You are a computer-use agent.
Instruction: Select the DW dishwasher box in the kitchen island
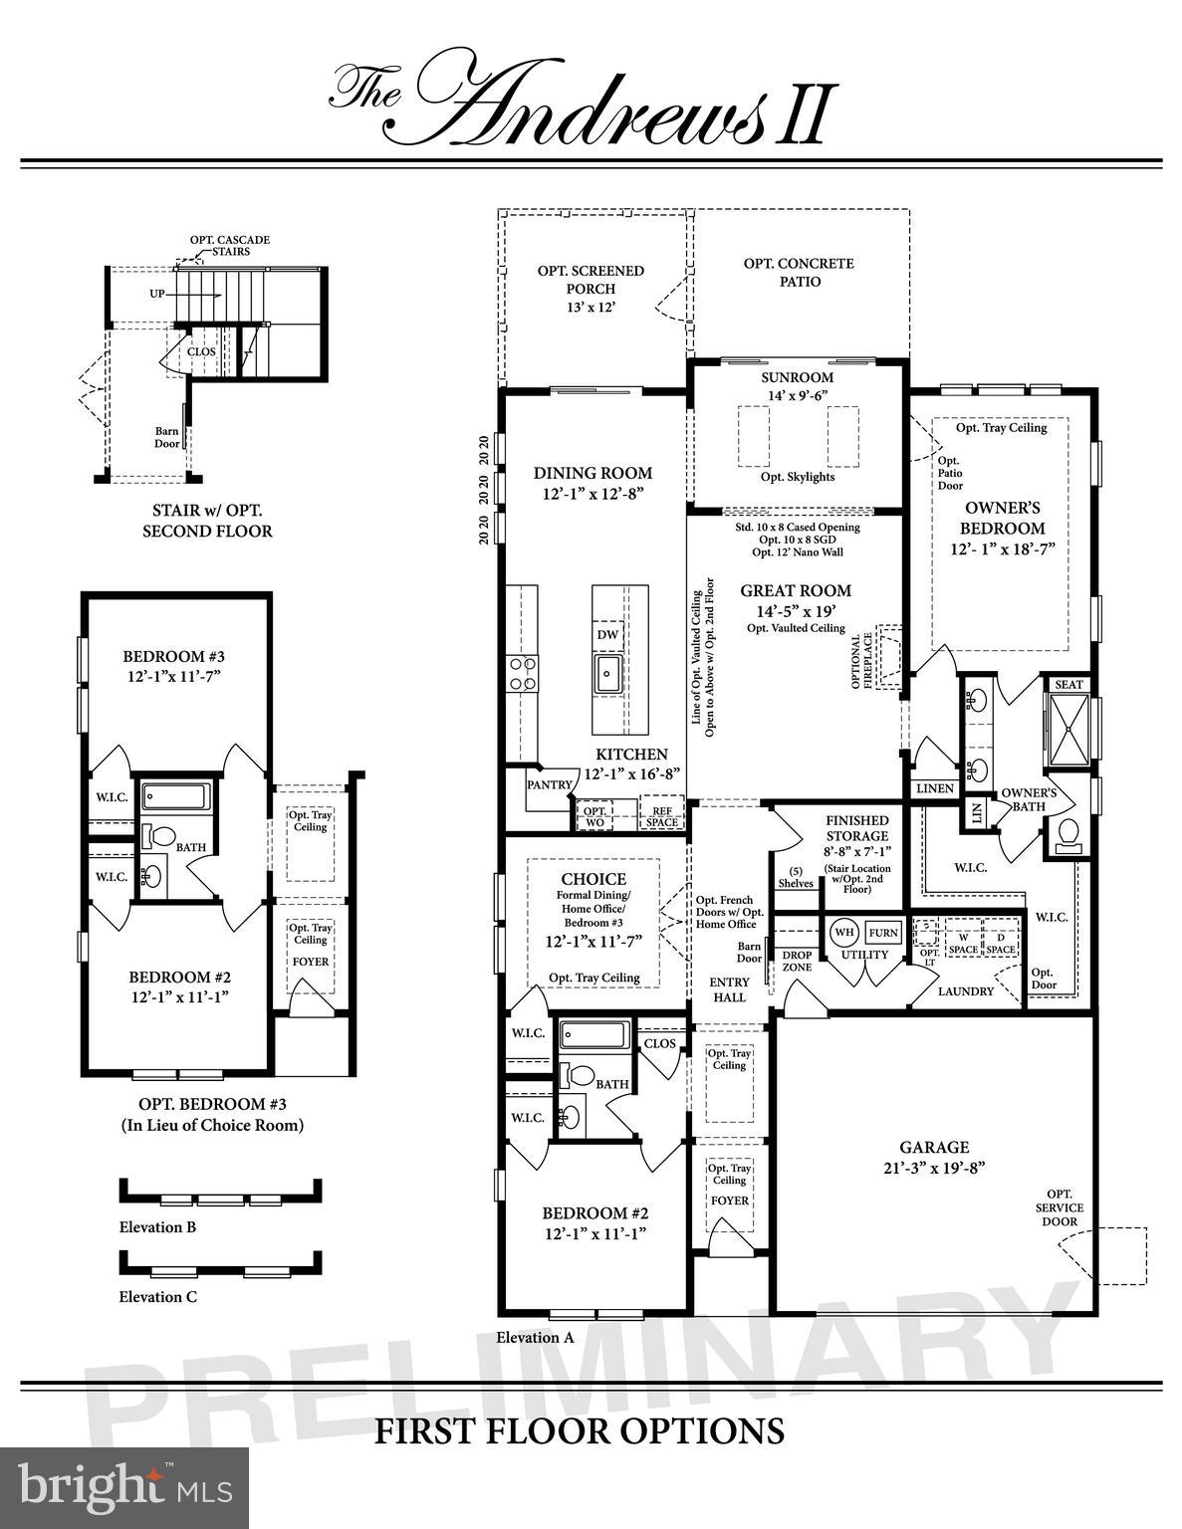(607, 634)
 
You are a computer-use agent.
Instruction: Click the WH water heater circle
(843, 933)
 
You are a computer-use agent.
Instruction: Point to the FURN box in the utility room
(883, 933)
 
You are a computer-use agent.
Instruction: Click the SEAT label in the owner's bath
(1067, 685)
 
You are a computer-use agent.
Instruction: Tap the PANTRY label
(550, 784)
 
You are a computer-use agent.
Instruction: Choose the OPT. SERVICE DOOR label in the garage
(1059, 1207)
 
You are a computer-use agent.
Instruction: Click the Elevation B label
(157, 1227)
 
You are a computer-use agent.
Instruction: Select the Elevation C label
(157, 1297)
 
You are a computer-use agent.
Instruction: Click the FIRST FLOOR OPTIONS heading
(579, 1431)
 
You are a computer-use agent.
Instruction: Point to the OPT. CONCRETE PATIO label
(799, 273)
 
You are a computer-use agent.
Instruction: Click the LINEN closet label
(934, 788)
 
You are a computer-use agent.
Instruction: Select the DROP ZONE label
(797, 961)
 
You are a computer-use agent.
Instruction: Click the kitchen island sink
(607, 674)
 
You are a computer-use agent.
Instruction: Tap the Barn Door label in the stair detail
(166, 437)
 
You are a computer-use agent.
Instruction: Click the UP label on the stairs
(157, 295)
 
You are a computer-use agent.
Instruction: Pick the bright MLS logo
(124, 1488)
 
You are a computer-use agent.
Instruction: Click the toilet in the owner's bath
(1067, 833)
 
